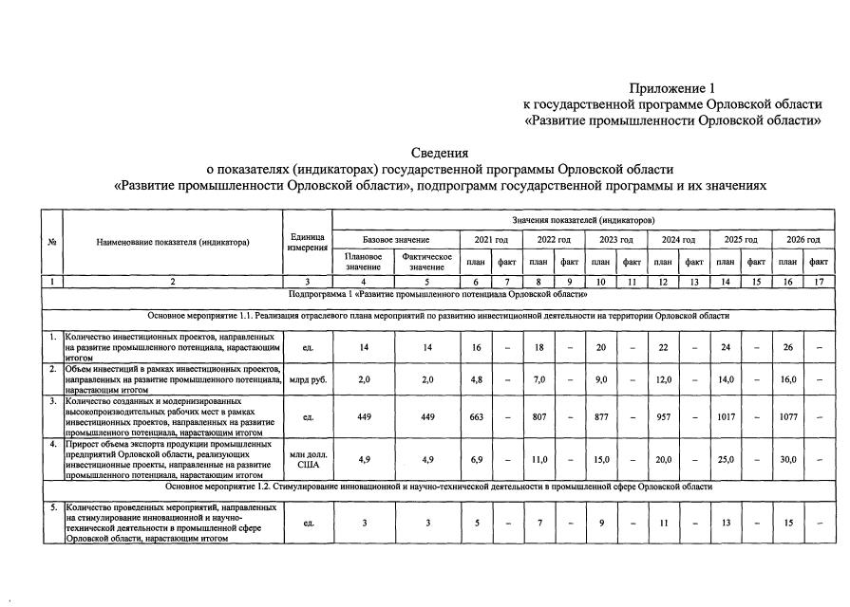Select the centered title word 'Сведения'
(x=439, y=153)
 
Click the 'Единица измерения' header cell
(x=307, y=242)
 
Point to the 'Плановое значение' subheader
(x=363, y=262)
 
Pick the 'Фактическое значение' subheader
(x=426, y=262)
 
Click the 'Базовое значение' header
(x=396, y=240)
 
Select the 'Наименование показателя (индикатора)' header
(x=172, y=242)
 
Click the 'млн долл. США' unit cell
(x=307, y=459)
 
